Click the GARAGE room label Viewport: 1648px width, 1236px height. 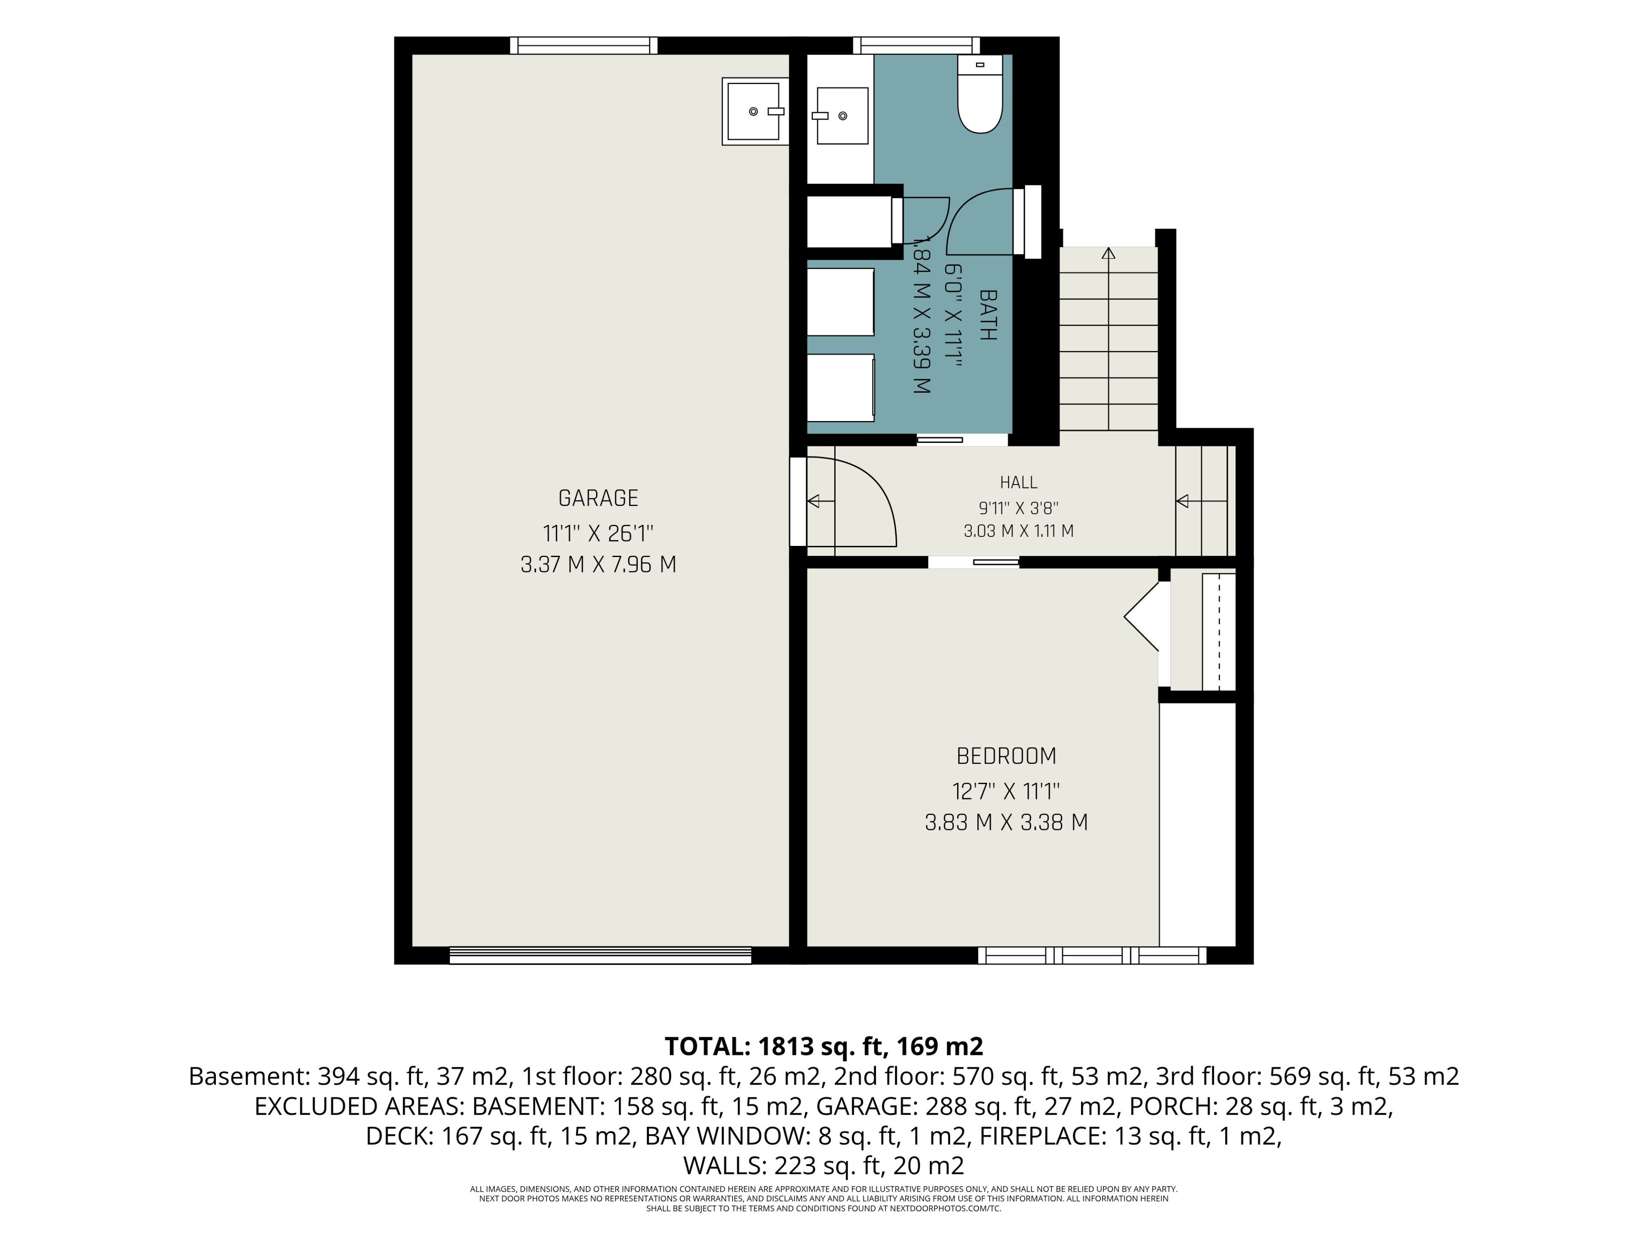pyautogui.click(x=598, y=498)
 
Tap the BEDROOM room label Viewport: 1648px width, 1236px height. pyautogui.click(x=1006, y=756)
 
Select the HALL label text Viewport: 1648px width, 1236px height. pyautogui.click(x=1018, y=483)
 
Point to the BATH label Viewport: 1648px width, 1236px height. pyautogui.click(x=987, y=315)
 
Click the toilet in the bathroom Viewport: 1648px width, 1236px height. pyautogui.click(x=980, y=94)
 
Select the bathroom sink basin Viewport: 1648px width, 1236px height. pyautogui.click(x=842, y=115)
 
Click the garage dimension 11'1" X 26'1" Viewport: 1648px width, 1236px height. pyautogui.click(x=598, y=533)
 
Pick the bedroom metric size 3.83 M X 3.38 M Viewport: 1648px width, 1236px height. pyautogui.click(x=1006, y=823)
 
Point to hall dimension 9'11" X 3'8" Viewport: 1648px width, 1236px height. pyautogui.click(x=1018, y=508)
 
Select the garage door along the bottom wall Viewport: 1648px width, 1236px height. pyautogui.click(x=600, y=956)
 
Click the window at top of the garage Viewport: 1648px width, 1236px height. pyautogui.click(x=584, y=45)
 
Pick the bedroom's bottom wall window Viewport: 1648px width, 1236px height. pyautogui.click(x=1092, y=956)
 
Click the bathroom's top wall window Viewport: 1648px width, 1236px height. pyautogui.click(x=916, y=45)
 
